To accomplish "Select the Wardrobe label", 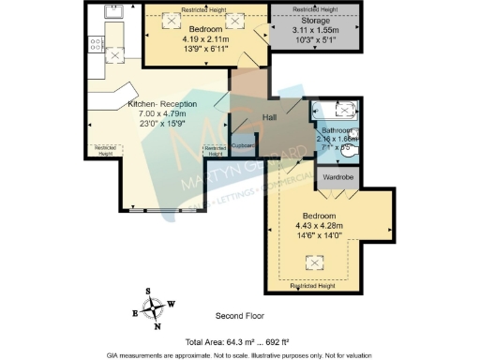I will (x=337, y=175).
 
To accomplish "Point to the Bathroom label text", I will (x=336, y=131).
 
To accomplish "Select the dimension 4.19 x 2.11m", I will (x=201, y=39).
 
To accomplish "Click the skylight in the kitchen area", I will (x=114, y=55).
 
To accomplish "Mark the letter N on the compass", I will (x=157, y=327).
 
